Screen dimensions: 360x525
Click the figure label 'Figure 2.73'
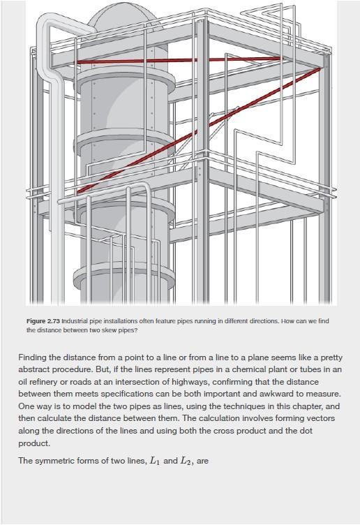pos(43,321)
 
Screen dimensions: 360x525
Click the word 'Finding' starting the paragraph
pos(33,357)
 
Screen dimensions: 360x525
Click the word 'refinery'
pos(43,382)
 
